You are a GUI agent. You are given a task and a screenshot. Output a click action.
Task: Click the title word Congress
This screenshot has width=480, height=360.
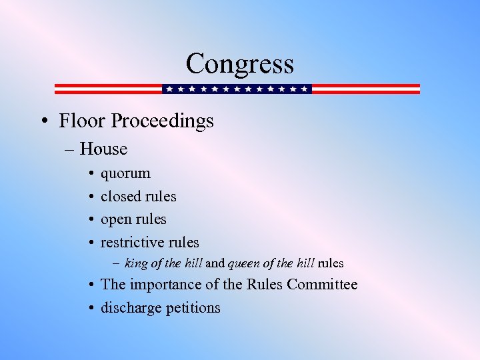pos(239,64)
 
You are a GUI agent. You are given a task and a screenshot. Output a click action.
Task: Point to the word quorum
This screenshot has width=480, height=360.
pos(125,174)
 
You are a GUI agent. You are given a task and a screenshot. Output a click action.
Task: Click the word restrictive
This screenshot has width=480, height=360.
pos(131,242)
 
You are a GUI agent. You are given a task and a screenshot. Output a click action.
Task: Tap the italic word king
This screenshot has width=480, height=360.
pos(137,263)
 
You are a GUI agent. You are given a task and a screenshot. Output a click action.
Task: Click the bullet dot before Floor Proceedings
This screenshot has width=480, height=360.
pos(43,121)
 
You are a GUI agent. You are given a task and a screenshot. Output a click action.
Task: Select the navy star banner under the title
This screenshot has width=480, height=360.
pos(237,89)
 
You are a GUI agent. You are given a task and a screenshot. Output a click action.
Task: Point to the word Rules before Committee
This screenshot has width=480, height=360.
pos(265,285)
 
